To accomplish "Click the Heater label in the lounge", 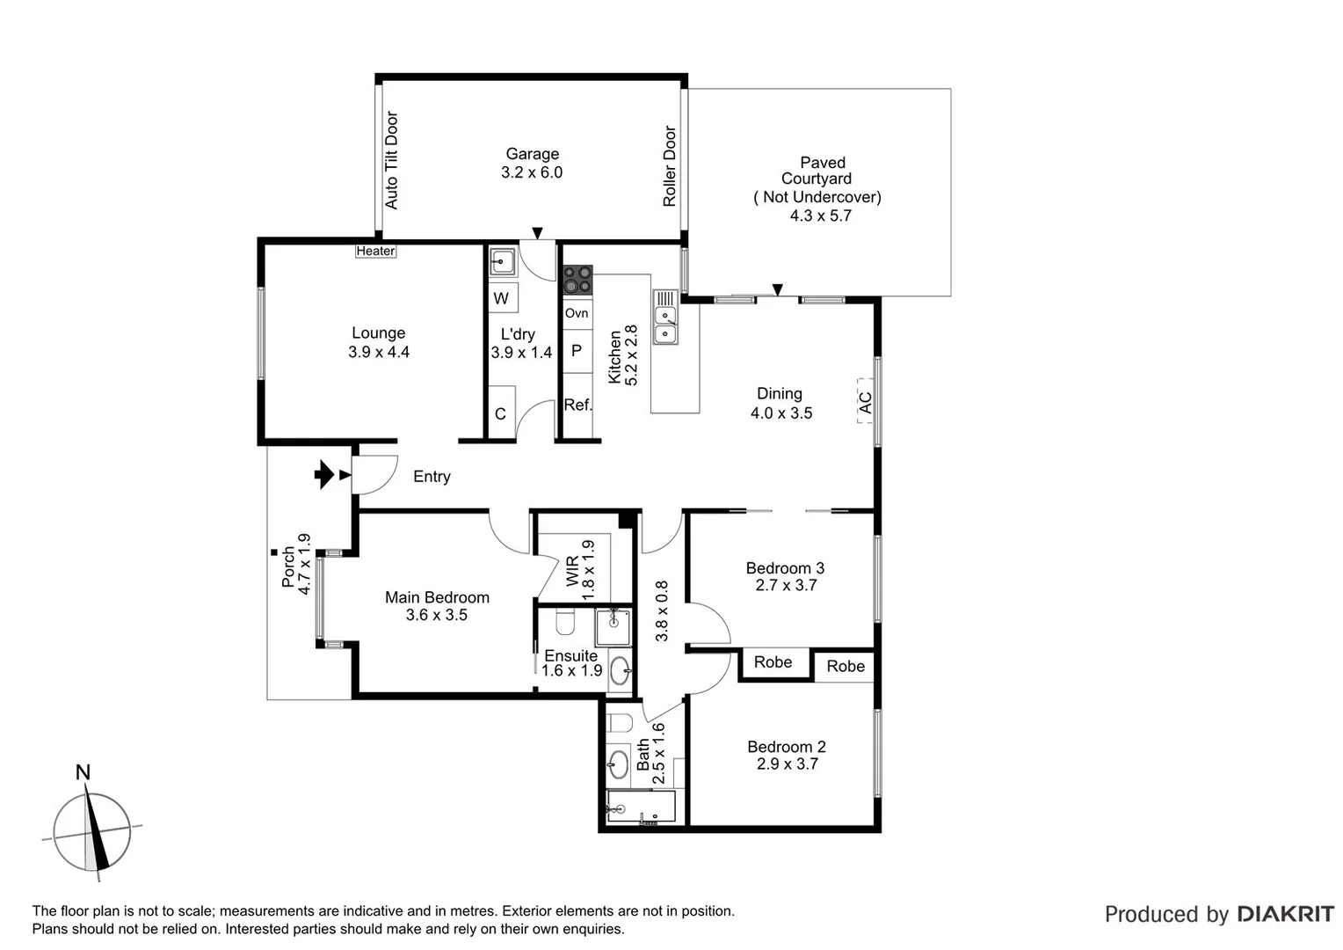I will [x=375, y=251].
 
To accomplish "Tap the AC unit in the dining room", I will [x=865, y=402].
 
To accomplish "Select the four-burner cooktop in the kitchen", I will [x=577, y=280].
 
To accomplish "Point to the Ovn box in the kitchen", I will [x=577, y=313].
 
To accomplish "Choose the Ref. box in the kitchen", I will [x=577, y=405].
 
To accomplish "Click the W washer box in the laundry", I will [x=502, y=298].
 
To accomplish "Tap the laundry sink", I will [x=503, y=261].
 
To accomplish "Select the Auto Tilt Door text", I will [x=392, y=160].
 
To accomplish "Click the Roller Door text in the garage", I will [x=670, y=166].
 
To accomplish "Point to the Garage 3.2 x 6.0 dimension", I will [x=532, y=172].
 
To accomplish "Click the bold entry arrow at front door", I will [x=323, y=475].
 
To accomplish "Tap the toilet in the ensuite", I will [x=565, y=624].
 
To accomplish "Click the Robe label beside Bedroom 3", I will [x=773, y=662].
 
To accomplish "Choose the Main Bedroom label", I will [x=437, y=597].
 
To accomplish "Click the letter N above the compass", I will [x=83, y=772].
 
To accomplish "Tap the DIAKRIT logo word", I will [x=1285, y=914].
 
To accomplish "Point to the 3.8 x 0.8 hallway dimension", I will [x=662, y=610].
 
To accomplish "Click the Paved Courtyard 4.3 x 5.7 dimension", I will [x=820, y=216].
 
